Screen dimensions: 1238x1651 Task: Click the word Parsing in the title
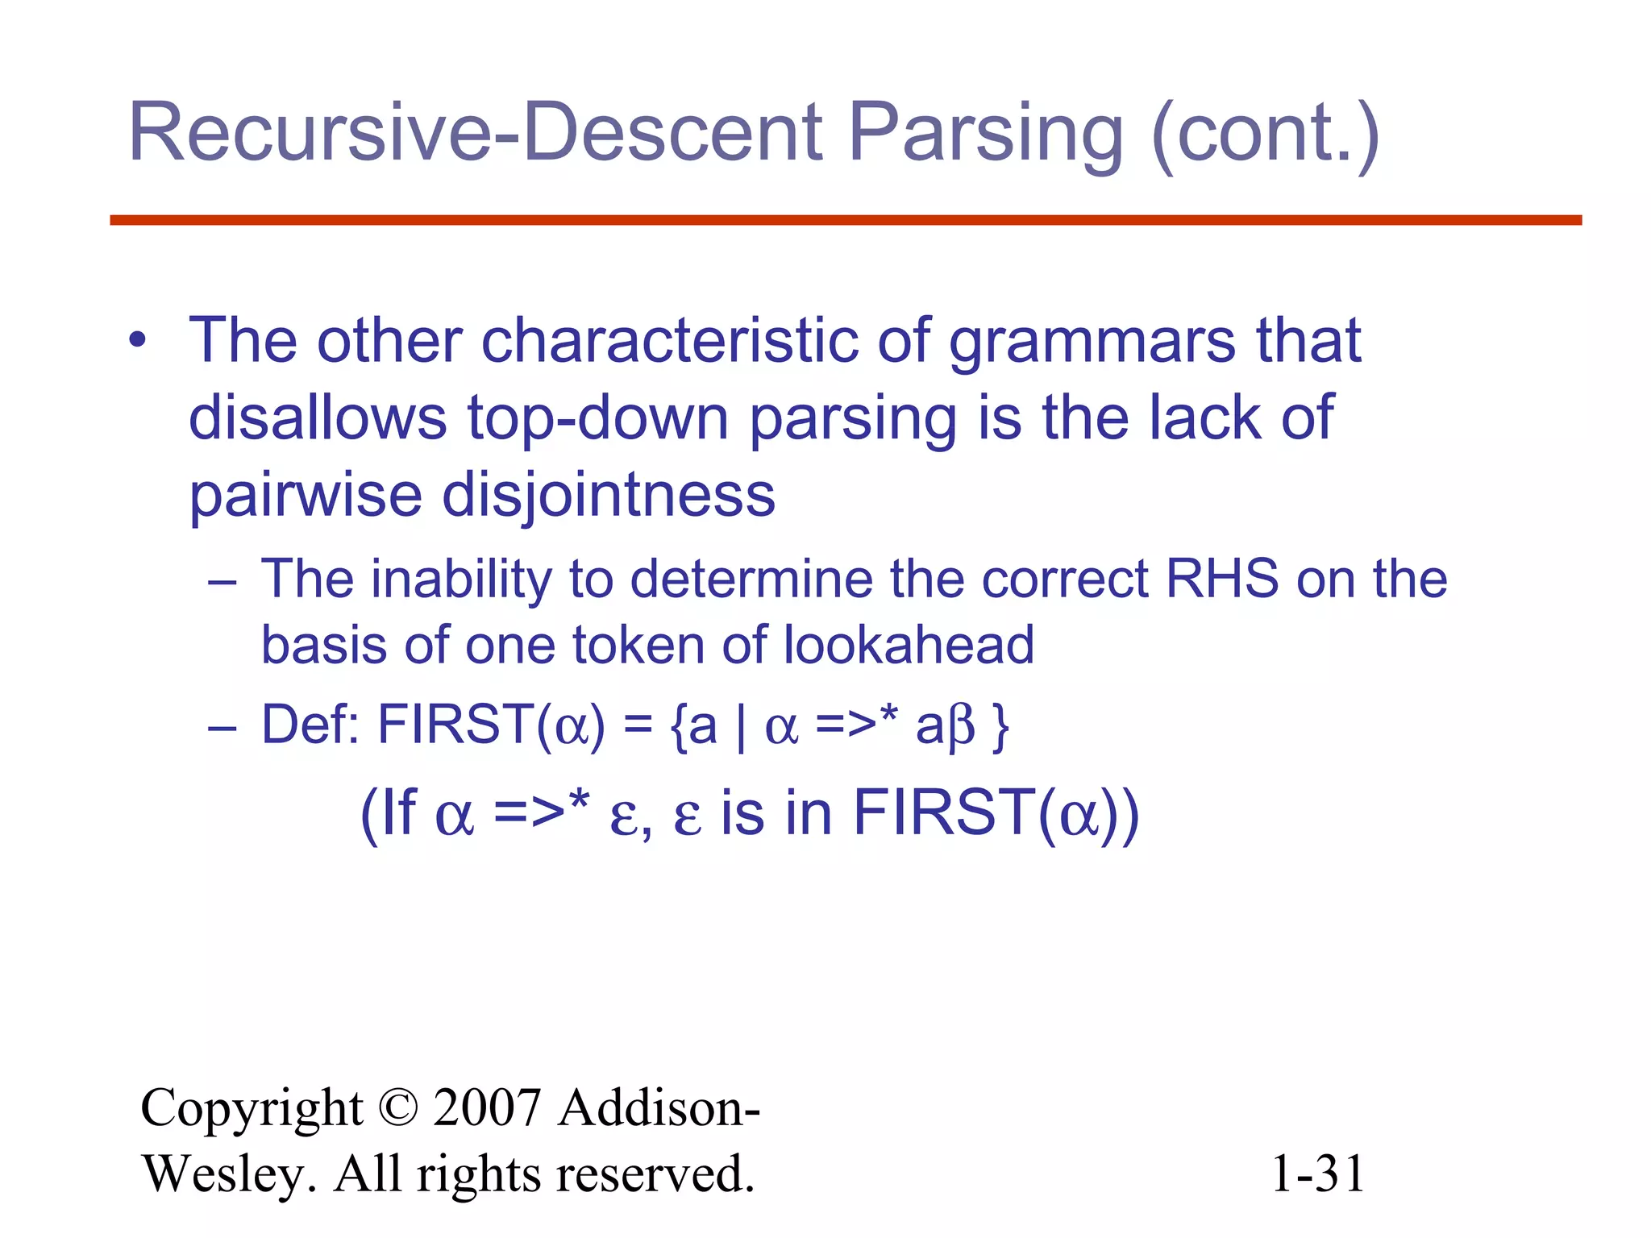coord(985,133)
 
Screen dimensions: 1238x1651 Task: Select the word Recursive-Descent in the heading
coord(476,133)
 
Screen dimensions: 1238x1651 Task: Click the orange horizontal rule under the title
coord(845,220)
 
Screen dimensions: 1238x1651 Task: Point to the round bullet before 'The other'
coord(138,340)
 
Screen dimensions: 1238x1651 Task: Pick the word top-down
coord(598,418)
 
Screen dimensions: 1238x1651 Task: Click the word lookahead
coord(909,646)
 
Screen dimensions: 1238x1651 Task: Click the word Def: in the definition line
coord(310,724)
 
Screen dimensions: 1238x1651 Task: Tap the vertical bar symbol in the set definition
coord(741,726)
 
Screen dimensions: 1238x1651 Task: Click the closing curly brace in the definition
coord(1000,726)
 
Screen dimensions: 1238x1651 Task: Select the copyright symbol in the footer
coord(397,1107)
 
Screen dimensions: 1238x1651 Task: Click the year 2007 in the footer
coord(486,1107)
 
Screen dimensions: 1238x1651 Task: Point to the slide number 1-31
coord(1317,1174)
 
